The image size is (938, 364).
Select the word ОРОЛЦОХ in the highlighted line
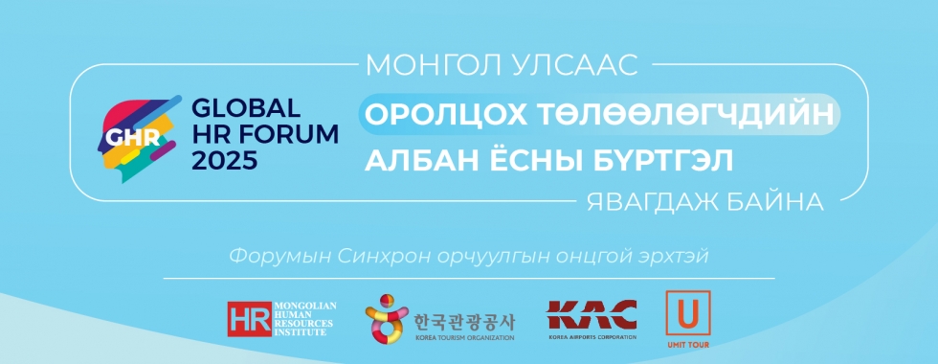[x=446, y=114]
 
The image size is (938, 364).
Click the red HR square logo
[x=250, y=319]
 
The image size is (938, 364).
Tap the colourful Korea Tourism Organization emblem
[x=387, y=318]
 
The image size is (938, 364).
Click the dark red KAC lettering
[x=592, y=315]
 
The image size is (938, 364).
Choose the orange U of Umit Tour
[x=688, y=313]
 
